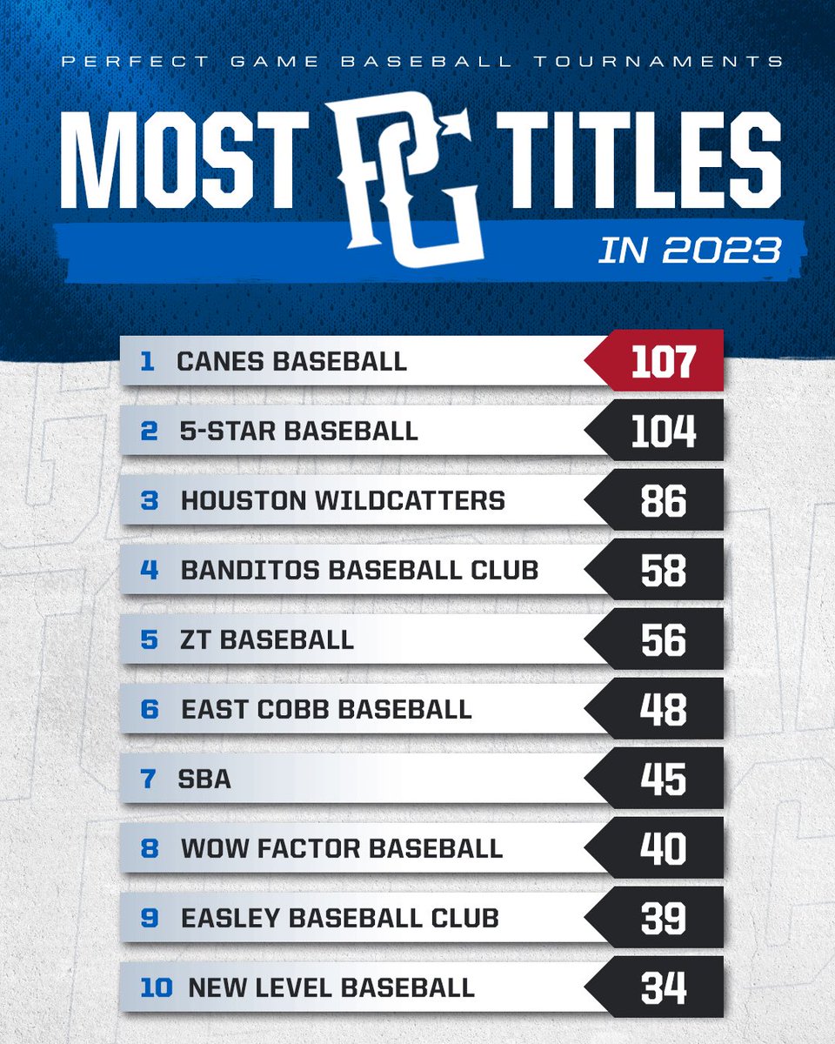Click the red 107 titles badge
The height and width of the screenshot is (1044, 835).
click(663, 361)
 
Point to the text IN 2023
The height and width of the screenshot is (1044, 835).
click(689, 250)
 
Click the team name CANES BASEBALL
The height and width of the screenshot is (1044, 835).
click(291, 362)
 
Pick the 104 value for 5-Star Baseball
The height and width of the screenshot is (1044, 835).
click(663, 432)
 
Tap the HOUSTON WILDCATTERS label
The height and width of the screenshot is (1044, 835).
click(343, 501)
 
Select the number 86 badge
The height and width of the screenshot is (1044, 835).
click(663, 501)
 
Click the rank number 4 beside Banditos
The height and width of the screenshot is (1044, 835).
click(149, 571)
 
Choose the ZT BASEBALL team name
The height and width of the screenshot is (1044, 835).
click(267, 640)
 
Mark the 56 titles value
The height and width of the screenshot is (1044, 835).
click(663, 640)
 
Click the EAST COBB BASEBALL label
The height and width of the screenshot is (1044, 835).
click(326, 709)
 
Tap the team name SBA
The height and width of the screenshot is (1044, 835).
click(206, 779)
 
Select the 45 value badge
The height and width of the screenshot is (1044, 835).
click(663, 779)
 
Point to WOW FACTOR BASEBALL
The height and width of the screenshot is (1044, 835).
click(342, 848)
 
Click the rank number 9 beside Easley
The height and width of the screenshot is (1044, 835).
click(149, 918)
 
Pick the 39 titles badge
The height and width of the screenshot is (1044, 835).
click(663, 918)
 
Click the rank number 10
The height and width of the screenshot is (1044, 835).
click(156, 987)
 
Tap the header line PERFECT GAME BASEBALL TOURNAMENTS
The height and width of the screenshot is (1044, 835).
click(417, 62)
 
